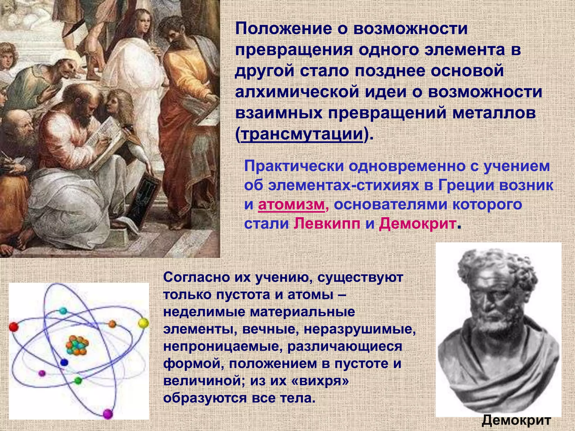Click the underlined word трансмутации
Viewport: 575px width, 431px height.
(302, 134)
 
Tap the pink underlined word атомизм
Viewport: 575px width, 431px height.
(291, 204)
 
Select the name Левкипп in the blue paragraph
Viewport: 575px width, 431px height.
(327, 224)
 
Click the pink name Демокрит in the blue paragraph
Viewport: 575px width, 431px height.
(417, 224)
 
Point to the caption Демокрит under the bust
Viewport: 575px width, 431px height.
(516, 420)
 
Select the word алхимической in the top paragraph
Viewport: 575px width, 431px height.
(297, 92)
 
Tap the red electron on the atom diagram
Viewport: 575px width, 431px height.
(13, 327)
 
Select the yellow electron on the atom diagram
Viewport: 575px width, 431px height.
(143, 323)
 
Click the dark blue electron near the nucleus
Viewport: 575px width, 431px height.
(64, 362)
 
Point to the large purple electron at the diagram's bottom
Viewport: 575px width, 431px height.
(108, 414)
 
